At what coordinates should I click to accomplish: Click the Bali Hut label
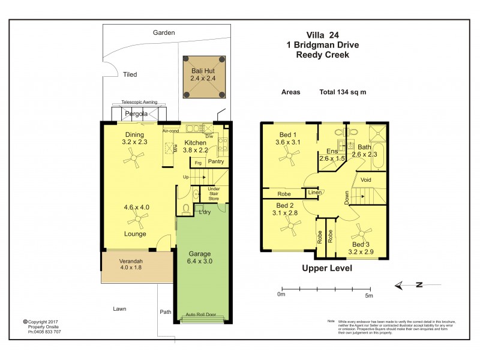coord(203,70)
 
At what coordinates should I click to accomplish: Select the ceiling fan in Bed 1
coord(290,158)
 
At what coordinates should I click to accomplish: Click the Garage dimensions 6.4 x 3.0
coord(200,261)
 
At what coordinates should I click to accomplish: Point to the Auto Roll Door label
coord(200,314)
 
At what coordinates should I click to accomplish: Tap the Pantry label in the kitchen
coord(215,162)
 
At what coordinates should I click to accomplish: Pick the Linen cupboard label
coord(314,192)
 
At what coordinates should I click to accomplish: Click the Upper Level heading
coord(327,268)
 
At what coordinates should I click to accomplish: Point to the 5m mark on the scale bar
coord(369,295)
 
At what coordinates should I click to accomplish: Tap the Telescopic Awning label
coord(139,103)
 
